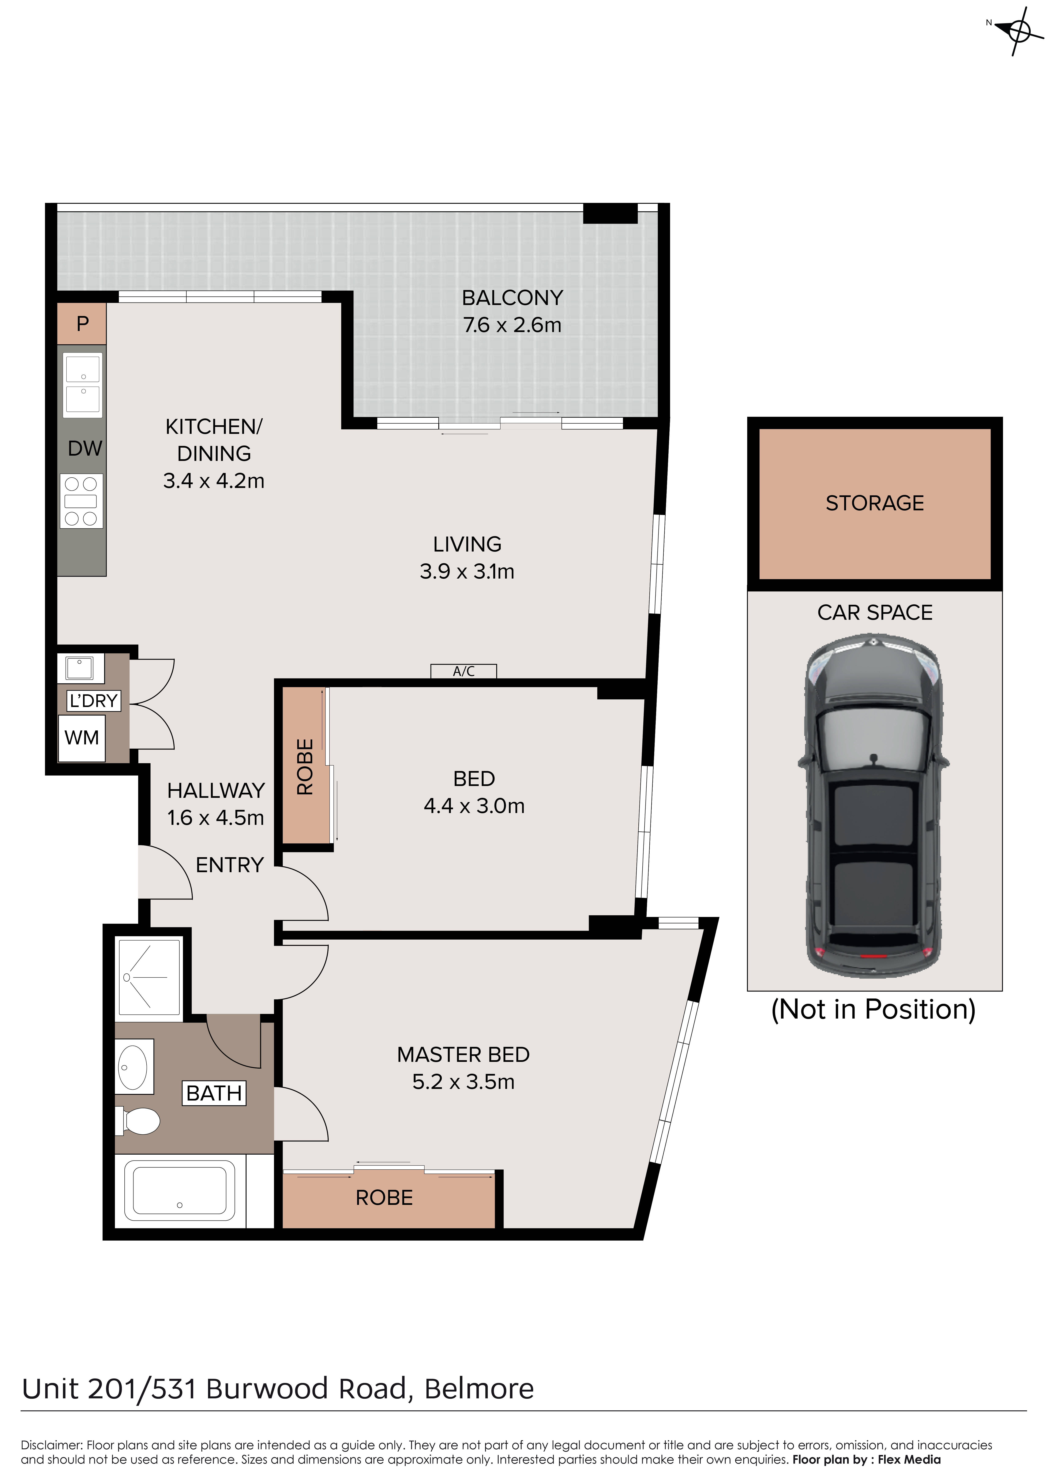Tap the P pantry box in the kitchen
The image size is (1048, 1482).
(x=82, y=323)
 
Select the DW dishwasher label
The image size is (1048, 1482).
(x=84, y=449)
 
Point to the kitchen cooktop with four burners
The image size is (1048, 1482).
(x=81, y=501)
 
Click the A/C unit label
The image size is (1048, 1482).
(x=464, y=671)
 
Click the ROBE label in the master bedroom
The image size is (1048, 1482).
(x=384, y=1197)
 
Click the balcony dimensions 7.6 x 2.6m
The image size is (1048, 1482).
(x=512, y=325)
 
